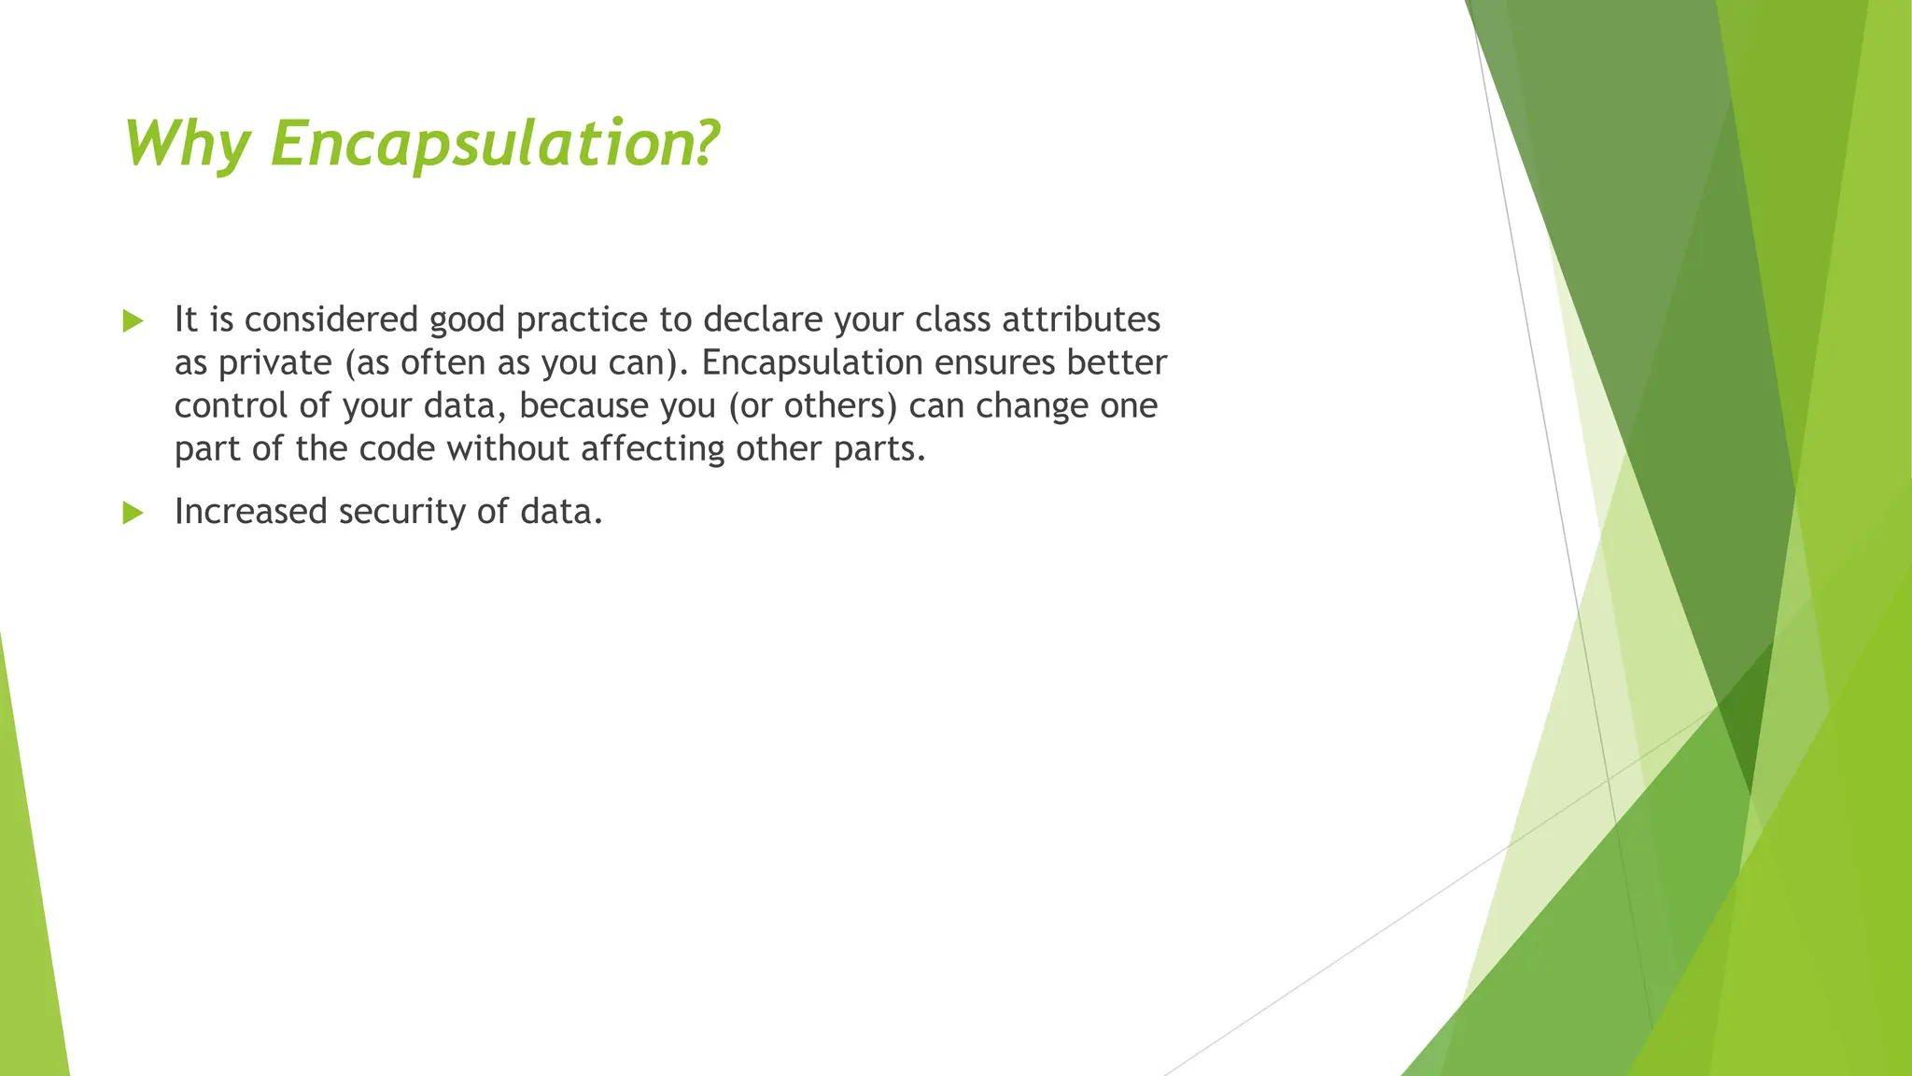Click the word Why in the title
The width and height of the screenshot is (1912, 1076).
click(x=187, y=145)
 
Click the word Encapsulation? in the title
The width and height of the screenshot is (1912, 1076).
click(x=495, y=145)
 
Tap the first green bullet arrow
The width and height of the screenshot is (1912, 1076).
click(x=133, y=322)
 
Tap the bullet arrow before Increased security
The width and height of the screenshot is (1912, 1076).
click(x=133, y=513)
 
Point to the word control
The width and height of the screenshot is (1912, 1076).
click(x=231, y=406)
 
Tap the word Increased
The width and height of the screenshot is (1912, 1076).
click(x=250, y=512)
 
